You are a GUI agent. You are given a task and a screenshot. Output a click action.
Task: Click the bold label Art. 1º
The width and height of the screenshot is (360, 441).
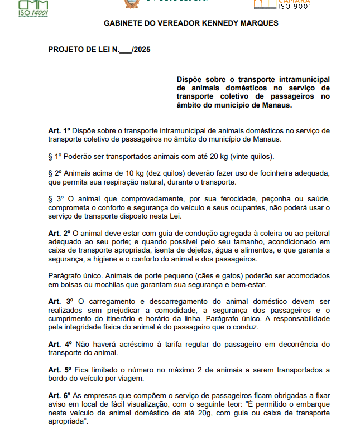coord(59,130)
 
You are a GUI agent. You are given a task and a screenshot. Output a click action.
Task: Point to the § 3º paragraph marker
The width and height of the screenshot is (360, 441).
coord(57,199)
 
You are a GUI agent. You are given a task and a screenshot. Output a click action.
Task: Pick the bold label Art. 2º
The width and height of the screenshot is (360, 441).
coord(59,233)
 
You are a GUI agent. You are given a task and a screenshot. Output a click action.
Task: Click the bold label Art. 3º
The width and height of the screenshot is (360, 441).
coord(60,301)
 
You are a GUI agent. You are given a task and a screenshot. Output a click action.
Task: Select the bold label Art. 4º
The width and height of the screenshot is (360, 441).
coord(59,343)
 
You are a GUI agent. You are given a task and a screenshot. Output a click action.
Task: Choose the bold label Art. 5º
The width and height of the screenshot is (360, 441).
coord(59,370)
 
